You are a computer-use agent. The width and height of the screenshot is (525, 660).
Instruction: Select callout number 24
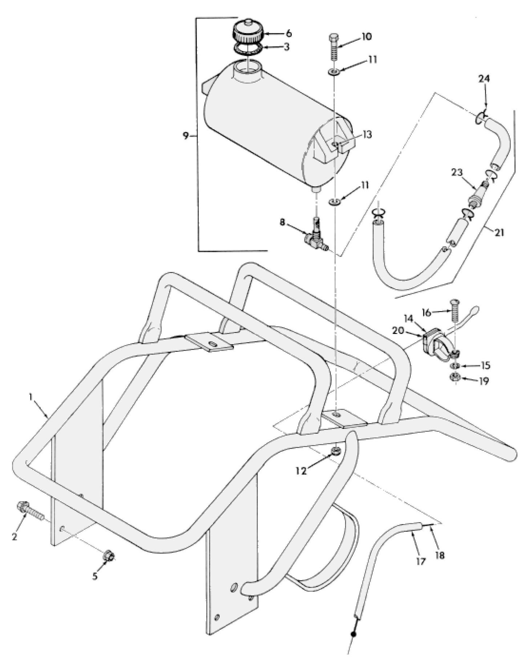point(484,79)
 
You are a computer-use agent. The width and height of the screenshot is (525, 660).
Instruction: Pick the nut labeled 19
point(455,377)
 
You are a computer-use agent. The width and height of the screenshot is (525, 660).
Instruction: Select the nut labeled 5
point(109,555)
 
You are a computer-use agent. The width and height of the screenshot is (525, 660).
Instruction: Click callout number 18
point(440,555)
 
